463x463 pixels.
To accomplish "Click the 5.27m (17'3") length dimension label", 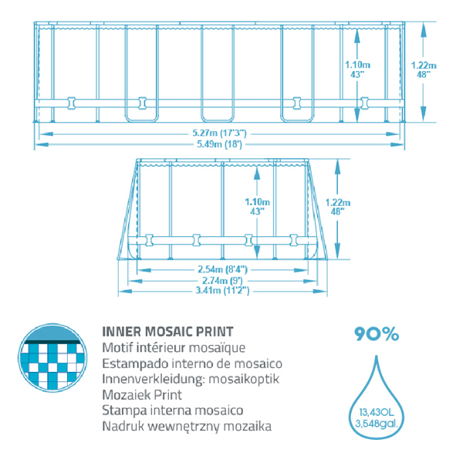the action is pos(219,133).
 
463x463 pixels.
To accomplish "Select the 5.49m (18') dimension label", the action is pos(219,144).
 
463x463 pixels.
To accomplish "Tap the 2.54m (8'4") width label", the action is pos(222,269).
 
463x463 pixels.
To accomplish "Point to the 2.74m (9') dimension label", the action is pos(222,280).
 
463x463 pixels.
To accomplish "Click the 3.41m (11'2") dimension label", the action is pos(222,291).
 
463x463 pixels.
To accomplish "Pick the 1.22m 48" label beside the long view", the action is pos(424,69).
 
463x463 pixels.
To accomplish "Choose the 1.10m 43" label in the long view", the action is pos(357,69).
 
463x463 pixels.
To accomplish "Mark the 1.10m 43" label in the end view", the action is pos(257,206).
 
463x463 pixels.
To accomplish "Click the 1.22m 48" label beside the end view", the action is pos(338,207).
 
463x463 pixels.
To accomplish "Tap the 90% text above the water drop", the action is pos(377,334).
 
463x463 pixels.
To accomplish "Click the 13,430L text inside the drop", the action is pos(377,412).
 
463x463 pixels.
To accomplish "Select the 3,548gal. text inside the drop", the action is pos(377,424).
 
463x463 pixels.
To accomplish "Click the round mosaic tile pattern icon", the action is pos(52,357).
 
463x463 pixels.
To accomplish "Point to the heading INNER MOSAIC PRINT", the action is pos(167,332).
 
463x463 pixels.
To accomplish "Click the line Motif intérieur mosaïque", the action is pos(174,347).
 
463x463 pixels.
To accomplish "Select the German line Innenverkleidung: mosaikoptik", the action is pos(191,379).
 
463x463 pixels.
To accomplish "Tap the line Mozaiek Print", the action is pos(142,395).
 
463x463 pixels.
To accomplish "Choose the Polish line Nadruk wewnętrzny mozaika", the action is pos(187,427).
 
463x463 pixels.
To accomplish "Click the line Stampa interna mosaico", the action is pos(173,411).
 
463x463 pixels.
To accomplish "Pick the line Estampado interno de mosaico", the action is pos(192,363).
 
